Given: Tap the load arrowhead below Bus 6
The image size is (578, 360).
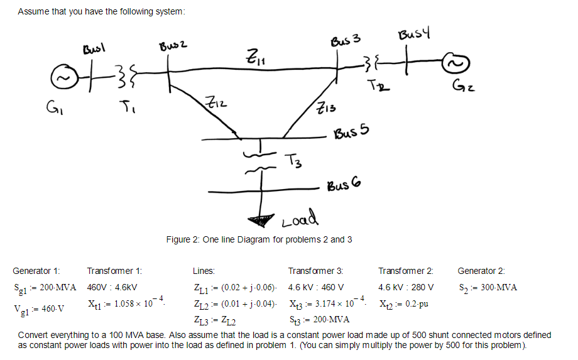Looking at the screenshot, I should (259, 219).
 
